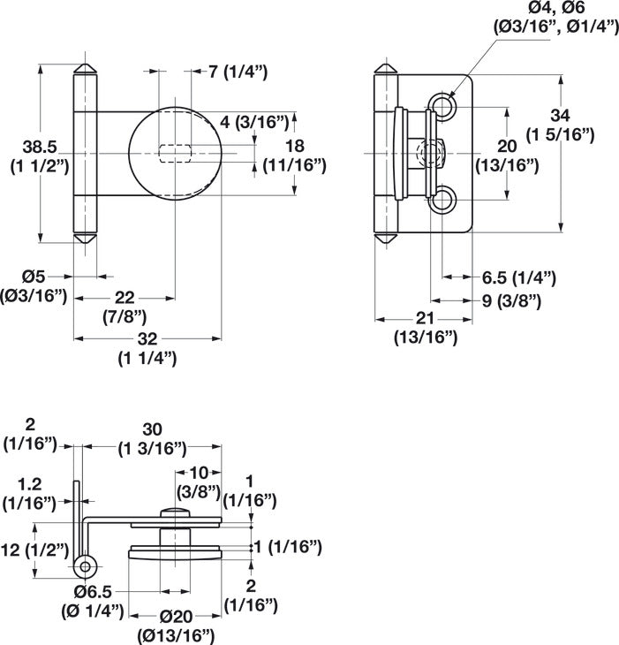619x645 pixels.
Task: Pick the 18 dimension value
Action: [x=296, y=144]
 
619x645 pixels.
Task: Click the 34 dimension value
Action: [x=560, y=115]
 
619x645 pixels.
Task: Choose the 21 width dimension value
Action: [x=424, y=317]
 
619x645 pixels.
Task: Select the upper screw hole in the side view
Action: [x=444, y=107]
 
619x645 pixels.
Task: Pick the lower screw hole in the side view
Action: [x=444, y=201]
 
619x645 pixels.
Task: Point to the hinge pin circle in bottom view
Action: [x=86, y=565]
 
